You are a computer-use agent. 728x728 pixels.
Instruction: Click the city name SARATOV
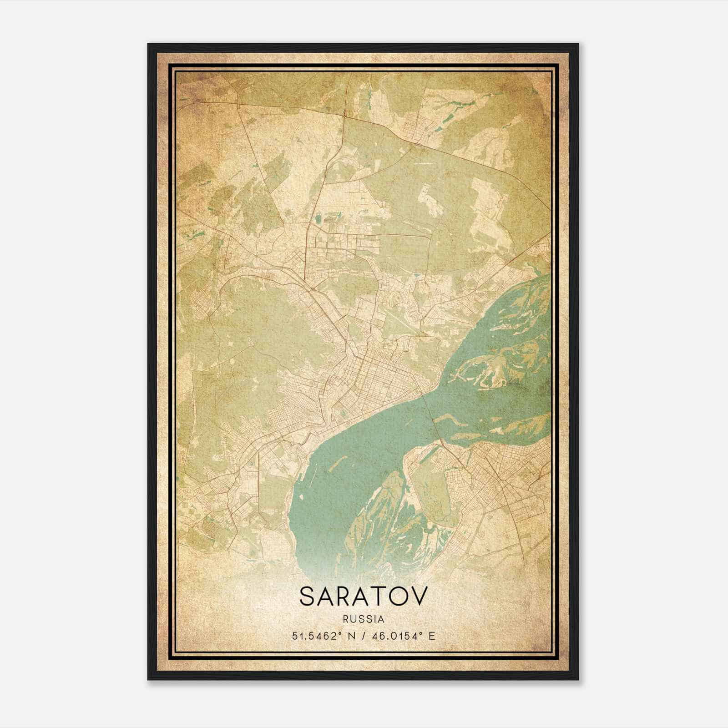[x=364, y=597]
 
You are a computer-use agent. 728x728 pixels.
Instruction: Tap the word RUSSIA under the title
[x=364, y=619]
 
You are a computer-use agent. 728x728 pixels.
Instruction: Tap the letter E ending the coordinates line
[x=432, y=636]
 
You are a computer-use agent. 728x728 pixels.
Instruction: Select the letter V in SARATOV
[x=419, y=597]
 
